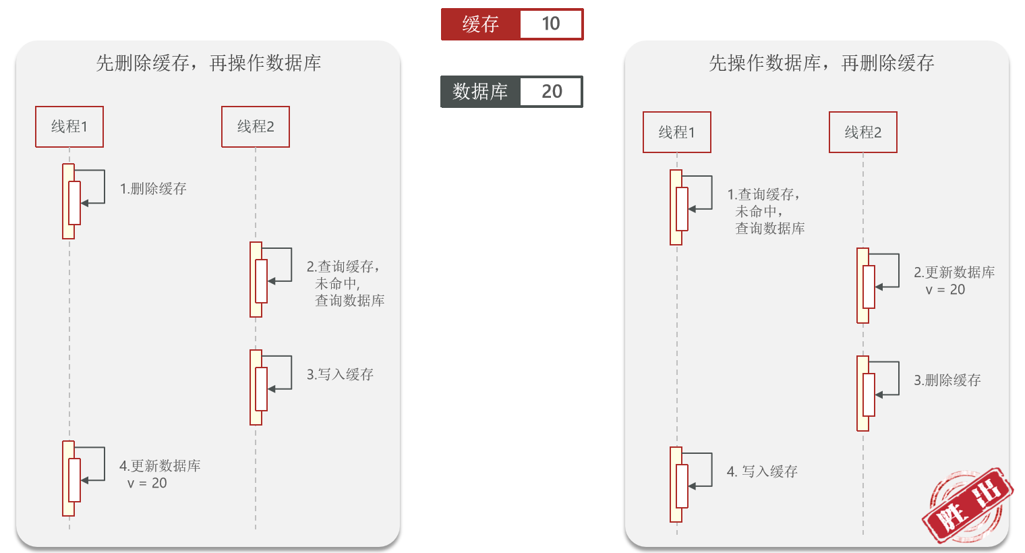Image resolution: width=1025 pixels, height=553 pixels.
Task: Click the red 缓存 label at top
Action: click(480, 24)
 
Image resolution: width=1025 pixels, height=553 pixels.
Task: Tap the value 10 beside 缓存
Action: click(551, 24)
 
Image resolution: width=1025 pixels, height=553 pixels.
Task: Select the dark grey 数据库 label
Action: click(480, 92)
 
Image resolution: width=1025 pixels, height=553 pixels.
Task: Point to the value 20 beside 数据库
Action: click(552, 92)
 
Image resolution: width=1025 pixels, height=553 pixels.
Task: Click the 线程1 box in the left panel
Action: click(69, 127)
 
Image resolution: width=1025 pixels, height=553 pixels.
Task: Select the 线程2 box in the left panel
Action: click(256, 127)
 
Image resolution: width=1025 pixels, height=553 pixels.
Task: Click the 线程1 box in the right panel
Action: click(677, 132)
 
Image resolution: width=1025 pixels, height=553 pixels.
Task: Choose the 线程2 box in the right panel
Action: click(863, 132)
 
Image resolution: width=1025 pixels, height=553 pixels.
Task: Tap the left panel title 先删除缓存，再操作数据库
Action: click(208, 63)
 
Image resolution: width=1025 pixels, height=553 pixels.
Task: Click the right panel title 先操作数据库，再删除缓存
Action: click(821, 63)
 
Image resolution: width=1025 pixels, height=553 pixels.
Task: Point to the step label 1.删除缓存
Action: click(153, 189)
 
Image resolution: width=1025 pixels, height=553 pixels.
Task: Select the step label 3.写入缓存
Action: click(340, 374)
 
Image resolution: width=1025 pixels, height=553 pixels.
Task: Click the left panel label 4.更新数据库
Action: click(160, 466)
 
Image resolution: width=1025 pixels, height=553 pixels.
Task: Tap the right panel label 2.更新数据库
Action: click(954, 272)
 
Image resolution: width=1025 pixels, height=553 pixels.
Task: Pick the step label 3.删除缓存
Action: click(947, 380)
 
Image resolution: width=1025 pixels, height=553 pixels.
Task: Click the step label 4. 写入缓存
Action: click(762, 471)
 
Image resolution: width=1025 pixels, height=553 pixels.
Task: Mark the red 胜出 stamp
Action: click(967, 506)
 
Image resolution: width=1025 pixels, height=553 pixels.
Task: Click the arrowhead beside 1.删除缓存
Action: click(84, 202)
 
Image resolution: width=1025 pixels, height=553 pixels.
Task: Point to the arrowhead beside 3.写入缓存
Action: click(271, 389)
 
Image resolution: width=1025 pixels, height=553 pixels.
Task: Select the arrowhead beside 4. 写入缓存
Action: click(692, 486)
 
